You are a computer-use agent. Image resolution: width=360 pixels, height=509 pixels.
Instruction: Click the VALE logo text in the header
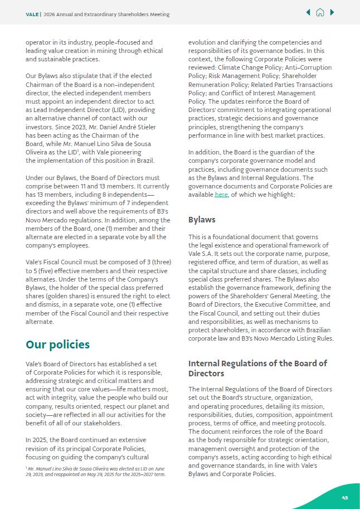[32, 14]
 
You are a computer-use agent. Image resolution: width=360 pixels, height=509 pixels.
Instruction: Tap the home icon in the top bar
[320, 13]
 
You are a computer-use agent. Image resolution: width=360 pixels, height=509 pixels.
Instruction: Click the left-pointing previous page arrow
[308, 12]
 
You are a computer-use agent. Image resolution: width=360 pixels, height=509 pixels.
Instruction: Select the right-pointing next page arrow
[332, 12]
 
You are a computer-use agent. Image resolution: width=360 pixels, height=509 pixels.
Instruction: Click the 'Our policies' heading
[57, 345]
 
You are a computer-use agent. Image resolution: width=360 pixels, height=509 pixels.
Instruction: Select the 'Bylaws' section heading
[202, 220]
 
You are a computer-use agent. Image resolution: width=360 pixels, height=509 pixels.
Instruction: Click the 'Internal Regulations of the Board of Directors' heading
[257, 368]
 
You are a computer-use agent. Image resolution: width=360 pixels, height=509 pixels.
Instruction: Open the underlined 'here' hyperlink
[221, 195]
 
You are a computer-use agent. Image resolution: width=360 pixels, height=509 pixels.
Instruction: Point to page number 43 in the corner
[345, 497]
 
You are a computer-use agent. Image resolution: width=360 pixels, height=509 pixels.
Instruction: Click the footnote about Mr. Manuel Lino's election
[95, 472]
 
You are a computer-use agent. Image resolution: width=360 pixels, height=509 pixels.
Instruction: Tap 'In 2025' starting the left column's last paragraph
[36, 440]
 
